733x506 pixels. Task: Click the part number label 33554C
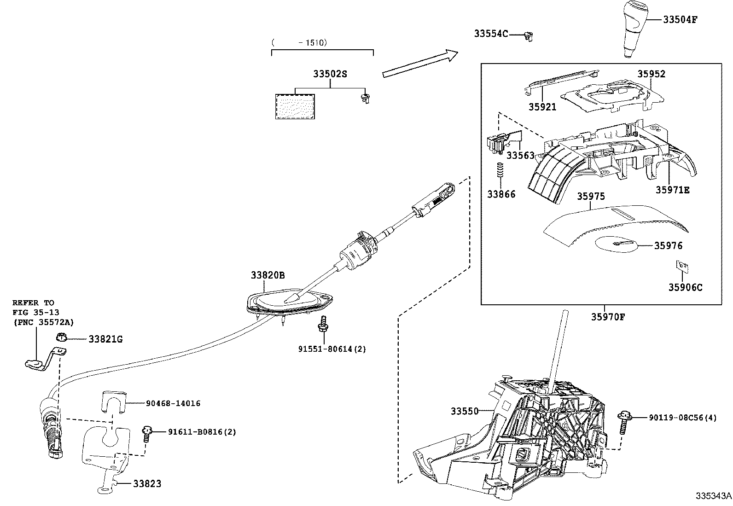(491, 34)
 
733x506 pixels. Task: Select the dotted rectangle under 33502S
(295, 107)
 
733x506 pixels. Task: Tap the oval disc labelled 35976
(616, 244)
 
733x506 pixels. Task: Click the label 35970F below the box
(608, 317)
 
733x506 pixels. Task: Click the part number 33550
(465, 411)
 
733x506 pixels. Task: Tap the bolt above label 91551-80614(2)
(324, 324)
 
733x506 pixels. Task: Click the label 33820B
(268, 275)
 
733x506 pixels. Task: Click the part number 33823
(147, 484)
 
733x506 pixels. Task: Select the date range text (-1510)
(299, 42)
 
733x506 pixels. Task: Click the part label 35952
(651, 74)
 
